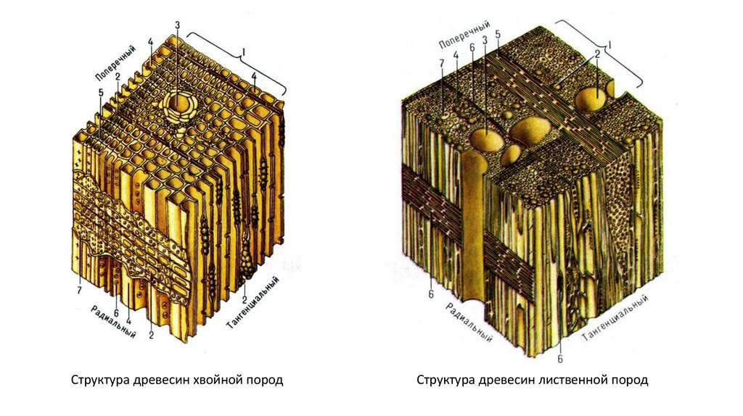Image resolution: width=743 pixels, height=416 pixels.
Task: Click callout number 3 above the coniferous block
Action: pyautogui.click(x=177, y=25)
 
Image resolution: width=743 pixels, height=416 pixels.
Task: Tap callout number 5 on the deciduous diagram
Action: pyautogui.click(x=498, y=33)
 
